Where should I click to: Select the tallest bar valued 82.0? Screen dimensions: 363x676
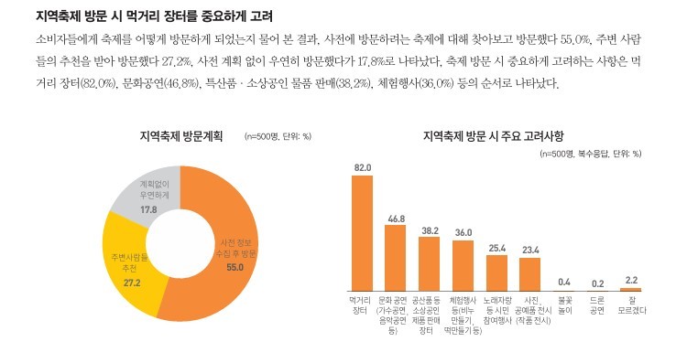pyautogui.click(x=362, y=232)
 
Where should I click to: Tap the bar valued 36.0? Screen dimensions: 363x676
pyautogui.click(x=463, y=265)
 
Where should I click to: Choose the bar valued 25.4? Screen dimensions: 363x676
pyautogui.click(x=496, y=272)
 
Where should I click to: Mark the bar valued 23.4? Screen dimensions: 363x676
pyautogui.click(x=529, y=274)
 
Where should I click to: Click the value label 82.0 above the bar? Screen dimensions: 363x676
pyautogui.click(x=362, y=167)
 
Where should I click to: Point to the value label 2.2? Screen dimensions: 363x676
pyautogui.click(x=629, y=279)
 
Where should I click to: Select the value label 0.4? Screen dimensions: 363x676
pyautogui.click(x=563, y=281)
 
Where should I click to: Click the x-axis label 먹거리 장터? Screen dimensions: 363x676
pyautogui.click(x=362, y=304)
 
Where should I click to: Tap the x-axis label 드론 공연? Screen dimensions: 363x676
pyautogui.click(x=596, y=304)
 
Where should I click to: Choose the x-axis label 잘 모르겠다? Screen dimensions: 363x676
pyautogui.click(x=630, y=304)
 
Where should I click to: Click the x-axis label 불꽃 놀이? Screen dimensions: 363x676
pyautogui.click(x=563, y=304)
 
